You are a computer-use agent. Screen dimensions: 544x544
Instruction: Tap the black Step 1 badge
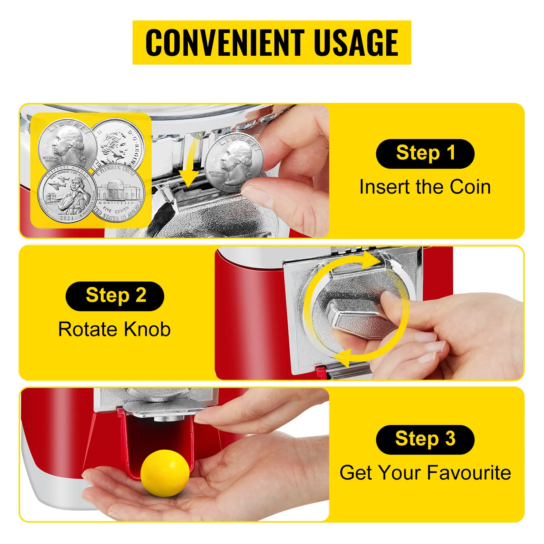click(x=425, y=154)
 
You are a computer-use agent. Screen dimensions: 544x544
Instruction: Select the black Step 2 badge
click(x=115, y=296)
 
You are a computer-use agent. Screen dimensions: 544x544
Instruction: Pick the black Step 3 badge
click(x=425, y=439)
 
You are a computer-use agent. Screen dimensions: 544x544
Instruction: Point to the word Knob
click(x=147, y=329)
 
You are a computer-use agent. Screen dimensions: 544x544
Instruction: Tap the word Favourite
click(x=469, y=473)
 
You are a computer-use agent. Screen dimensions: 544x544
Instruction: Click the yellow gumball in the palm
click(x=165, y=473)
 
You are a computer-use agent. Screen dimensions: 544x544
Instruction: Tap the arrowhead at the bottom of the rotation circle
click(x=342, y=358)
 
